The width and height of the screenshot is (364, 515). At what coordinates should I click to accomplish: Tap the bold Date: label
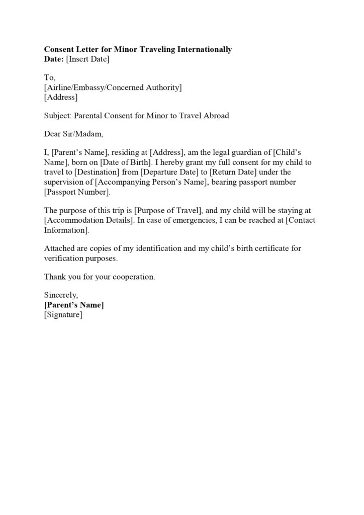(x=54, y=59)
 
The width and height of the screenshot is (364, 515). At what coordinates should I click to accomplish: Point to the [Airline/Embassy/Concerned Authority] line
(x=113, y=88)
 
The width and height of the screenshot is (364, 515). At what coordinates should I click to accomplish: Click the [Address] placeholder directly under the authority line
(x=61, y=97)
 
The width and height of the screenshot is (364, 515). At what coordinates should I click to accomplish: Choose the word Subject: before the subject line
(x=58, y=116)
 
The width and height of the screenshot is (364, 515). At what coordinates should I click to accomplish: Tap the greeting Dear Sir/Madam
(x=73, y=134)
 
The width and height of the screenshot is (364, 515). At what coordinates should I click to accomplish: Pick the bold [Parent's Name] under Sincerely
(x=74, y=305)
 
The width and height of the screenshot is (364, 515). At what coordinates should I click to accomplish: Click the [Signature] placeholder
(x=63, y=315)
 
